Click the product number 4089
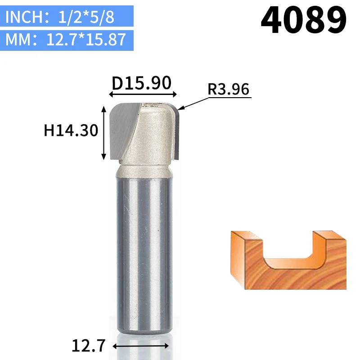303,20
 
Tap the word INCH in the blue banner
24,17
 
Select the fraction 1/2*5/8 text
86,17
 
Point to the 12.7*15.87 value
86,40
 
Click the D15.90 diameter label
141,83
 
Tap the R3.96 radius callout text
228,89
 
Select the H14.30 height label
71,130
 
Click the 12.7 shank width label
88,345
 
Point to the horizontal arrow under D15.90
143,94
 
